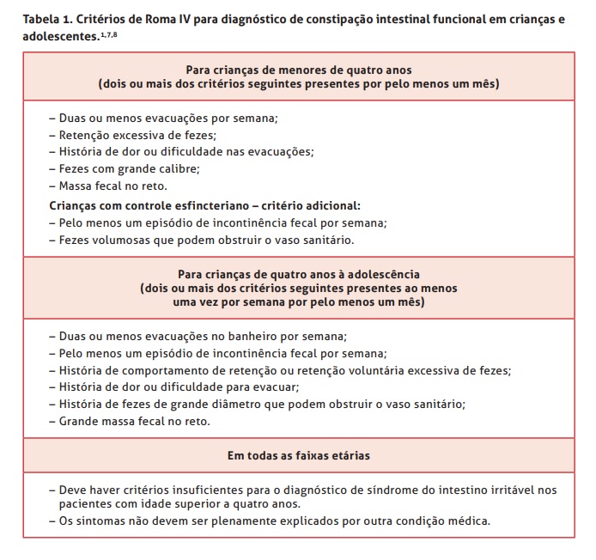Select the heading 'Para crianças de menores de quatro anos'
298,70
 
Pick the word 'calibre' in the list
178,167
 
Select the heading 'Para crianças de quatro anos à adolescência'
298,273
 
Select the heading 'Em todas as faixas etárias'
298,453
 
